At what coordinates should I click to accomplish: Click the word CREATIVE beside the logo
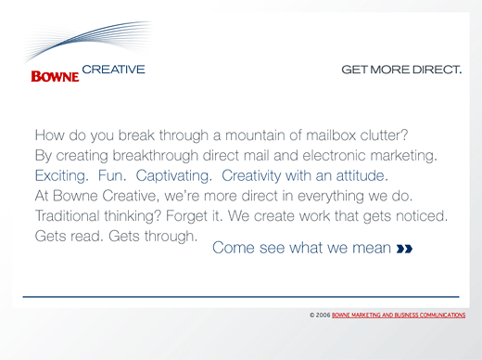pyautogui.click(x=113, y=69)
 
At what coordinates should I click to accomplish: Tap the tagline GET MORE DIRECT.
pyautogui.click(x=401, y=70)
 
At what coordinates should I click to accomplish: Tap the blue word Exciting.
pyautogui.click(x=62, y=174)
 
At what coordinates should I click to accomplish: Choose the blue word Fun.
pyautogui.click(x=111, y=174)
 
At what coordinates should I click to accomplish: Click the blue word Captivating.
pyautogui.click(x=172, y=174)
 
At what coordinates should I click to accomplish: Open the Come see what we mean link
pyautogui.click(x=301, y=248)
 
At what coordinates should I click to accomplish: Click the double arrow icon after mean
pyautogui.click(x=404, y=249)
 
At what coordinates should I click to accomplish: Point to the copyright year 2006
pyautogui.click(x=322, y=315)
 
